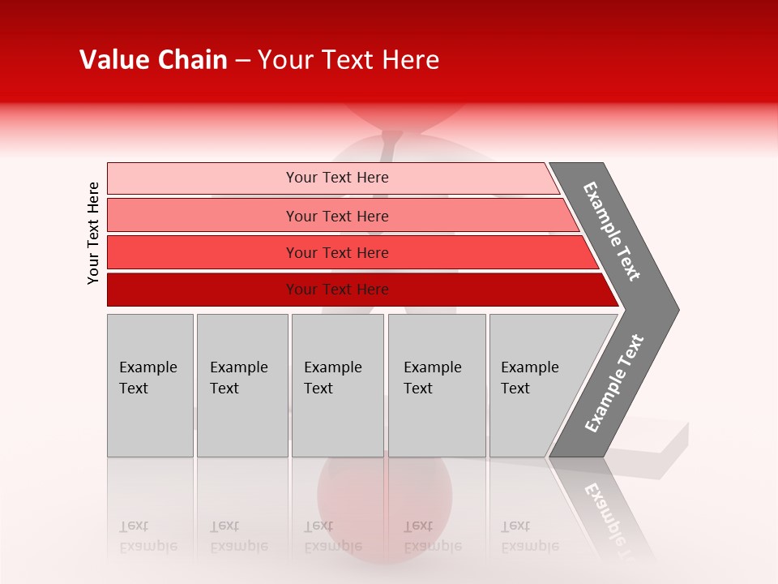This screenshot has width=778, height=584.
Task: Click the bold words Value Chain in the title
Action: [x=153, y=60]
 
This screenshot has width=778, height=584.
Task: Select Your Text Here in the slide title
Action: [x=348, y=60]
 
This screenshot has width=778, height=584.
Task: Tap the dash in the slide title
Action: [x=242, y=61]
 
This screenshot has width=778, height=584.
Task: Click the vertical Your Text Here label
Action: [x=94, y=233]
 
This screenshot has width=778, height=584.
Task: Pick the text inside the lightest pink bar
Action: [x=337, y=178]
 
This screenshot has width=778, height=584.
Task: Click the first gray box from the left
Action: [x=150, y=385]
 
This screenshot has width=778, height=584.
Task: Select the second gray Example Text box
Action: [x=242, y=385]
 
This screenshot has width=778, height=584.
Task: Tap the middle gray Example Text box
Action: [x=337, y=385]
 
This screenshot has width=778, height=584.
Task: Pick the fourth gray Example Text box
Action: [x=437, y=385]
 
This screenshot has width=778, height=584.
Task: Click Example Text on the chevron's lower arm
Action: [x=614, y=383]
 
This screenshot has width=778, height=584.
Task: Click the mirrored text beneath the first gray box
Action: [x=148, y=536]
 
